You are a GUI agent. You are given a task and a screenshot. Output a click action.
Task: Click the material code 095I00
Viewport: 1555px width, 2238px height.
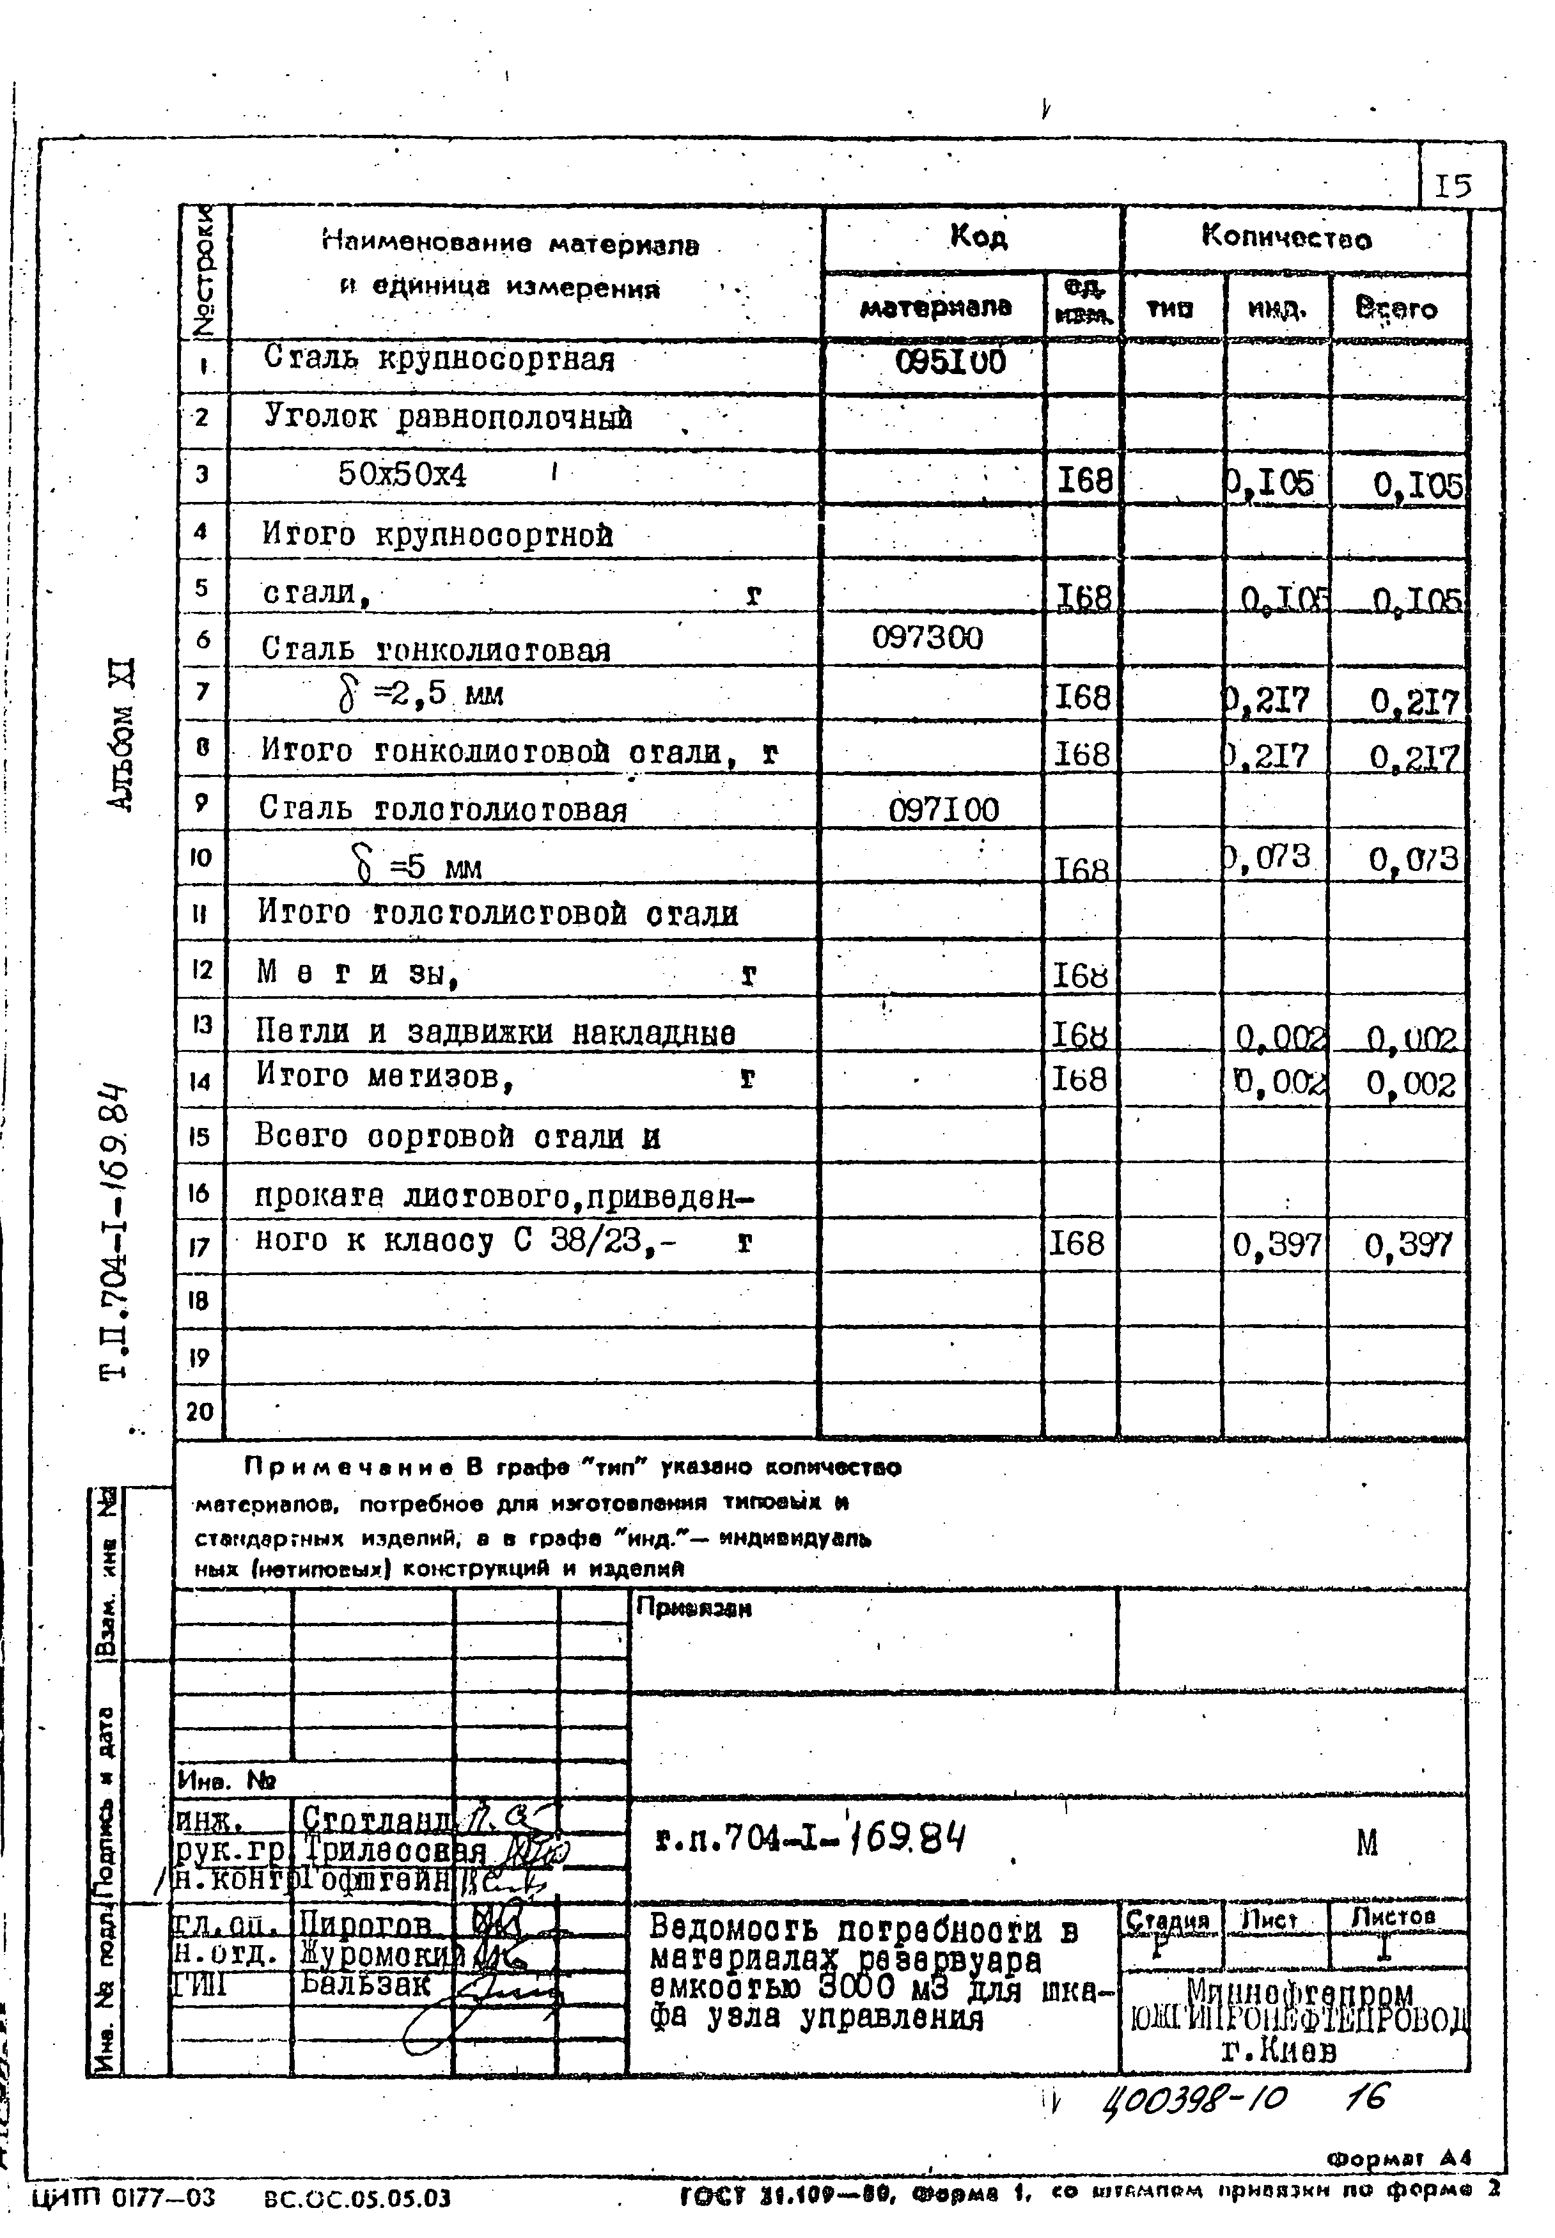(950, 363)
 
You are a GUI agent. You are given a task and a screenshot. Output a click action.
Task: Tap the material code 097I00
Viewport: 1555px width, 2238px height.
(943, 810)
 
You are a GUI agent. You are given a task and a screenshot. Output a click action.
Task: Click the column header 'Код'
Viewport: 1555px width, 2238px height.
(977, 237)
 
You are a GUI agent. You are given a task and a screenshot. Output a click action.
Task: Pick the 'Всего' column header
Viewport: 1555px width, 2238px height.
(1396, 310)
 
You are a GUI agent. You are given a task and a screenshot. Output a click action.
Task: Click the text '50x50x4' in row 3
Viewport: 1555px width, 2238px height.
(402, 474)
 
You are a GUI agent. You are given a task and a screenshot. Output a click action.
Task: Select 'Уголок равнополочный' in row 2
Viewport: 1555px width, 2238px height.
(448, 418)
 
